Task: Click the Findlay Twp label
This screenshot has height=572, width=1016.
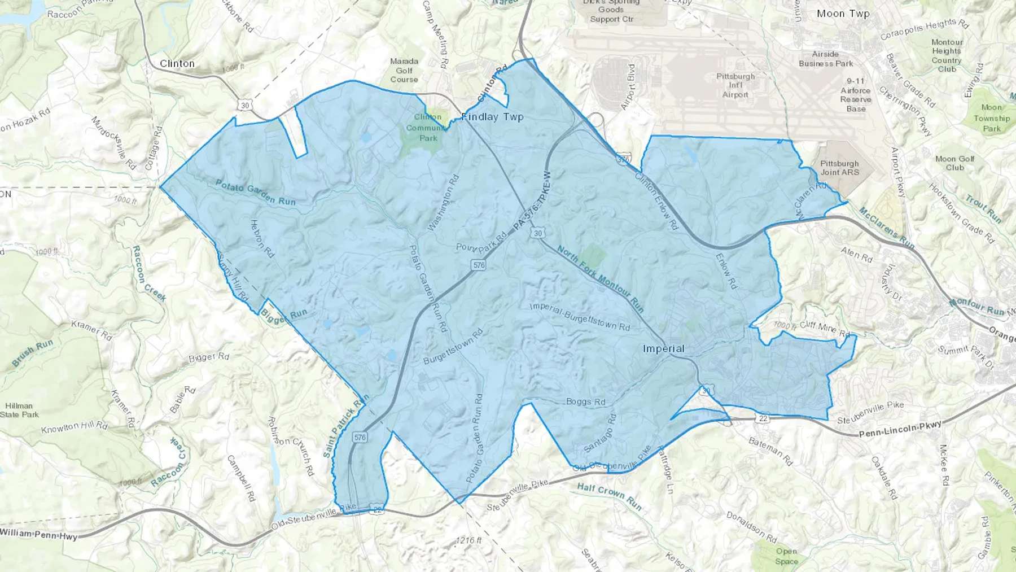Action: pyautogui.click(x=493, y=117)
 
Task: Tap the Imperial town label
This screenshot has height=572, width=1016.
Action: pyautogui.click(x=663, y=348)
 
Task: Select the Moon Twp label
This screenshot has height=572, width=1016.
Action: pyautogui.click(x=843, y=14)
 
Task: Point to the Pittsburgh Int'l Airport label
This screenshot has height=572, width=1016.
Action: pyautogui.click(x=735, y=85)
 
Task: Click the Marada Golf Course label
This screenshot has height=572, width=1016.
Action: pyautogui.click(x=404, y=71)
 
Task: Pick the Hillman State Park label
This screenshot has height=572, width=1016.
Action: pyautogui.click(x=19, y=410)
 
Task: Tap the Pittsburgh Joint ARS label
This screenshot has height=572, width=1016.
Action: pyautogui.click(x=839, y=168)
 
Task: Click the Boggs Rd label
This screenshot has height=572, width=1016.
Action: pyautogui.click(x=585, y=402)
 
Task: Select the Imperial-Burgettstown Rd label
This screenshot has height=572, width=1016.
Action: pyautogui.click(x=580, y=317)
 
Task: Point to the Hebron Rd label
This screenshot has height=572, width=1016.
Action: pyautogui.click(x=262, y=239)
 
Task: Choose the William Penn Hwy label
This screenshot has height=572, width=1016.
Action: pyautogui.click(x=38, y=534)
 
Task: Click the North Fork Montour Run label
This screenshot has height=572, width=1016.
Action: pyautogui.click(x=600, y=279)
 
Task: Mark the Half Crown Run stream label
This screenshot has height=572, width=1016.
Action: pyautogui.click(x=609, y=496)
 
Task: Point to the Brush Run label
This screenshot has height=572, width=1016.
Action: pyautogui.click(x=32, y=353)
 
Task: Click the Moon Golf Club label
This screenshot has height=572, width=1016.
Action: pyautogui.click(x=954, y=163)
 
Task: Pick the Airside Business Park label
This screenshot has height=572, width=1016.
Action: pyautogui.click(x=825, y=59)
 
